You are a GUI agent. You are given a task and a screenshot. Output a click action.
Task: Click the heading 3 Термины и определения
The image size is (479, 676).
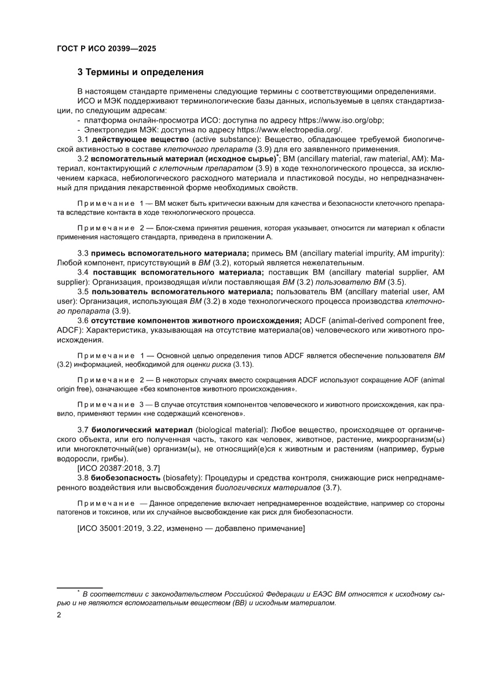click(140, 72)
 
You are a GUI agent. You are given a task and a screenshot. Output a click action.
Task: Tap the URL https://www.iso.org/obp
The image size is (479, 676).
click(341, 120)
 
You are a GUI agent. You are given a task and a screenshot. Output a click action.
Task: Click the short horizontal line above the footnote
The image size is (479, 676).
click(79, 587)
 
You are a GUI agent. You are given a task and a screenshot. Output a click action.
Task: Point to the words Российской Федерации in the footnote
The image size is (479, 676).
click(255, 594)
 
